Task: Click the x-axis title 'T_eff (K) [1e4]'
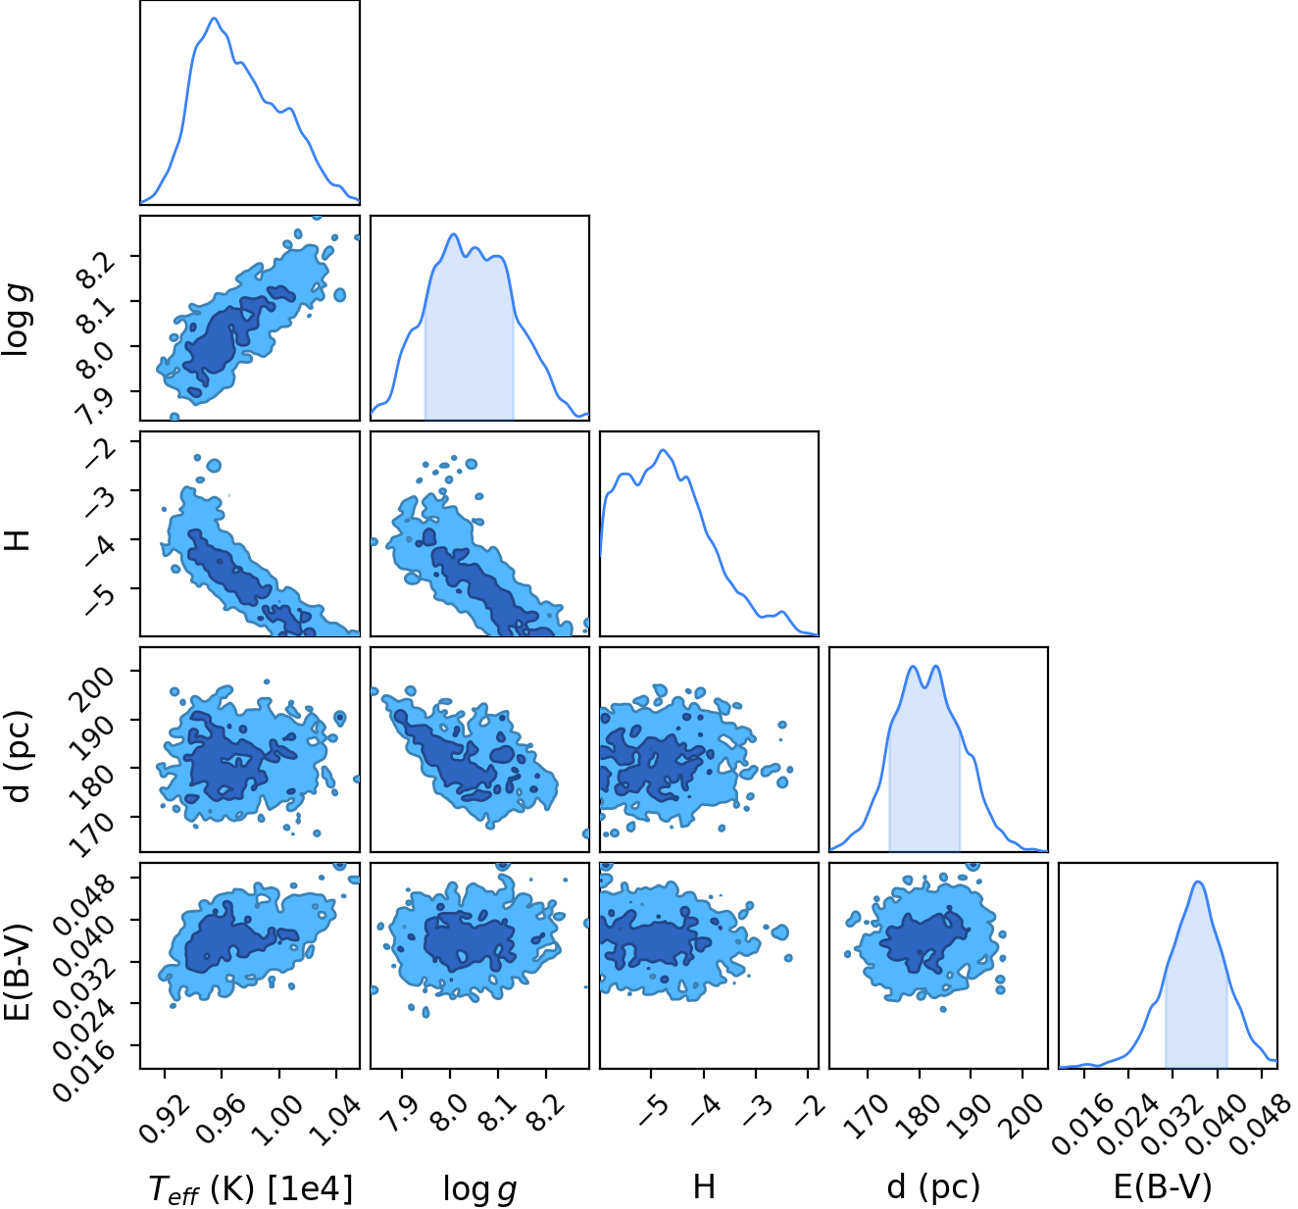(251, 1188)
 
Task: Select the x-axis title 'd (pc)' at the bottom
(933, 1186)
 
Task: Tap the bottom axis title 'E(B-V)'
(1163, 1186)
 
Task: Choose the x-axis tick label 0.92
(166, 1120)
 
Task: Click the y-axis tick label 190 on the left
(95, 737)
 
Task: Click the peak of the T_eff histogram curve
(214, 18)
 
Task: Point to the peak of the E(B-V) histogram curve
(1198, 882)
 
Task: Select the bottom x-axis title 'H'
(704, 1186)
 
